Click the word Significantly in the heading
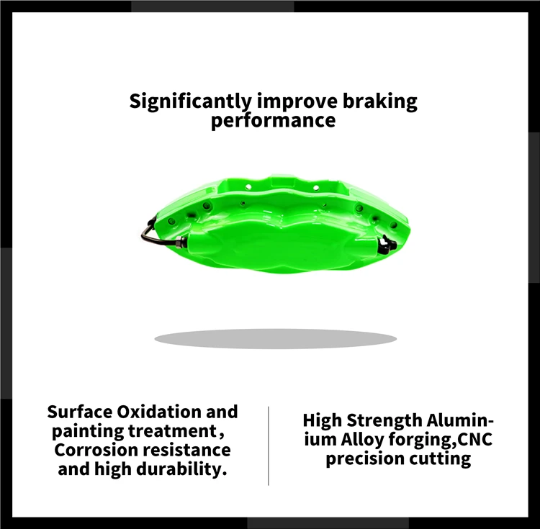coord(190,101)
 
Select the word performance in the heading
coord(273,119)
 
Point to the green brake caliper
coord(274,227)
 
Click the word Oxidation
coord(156,412)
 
